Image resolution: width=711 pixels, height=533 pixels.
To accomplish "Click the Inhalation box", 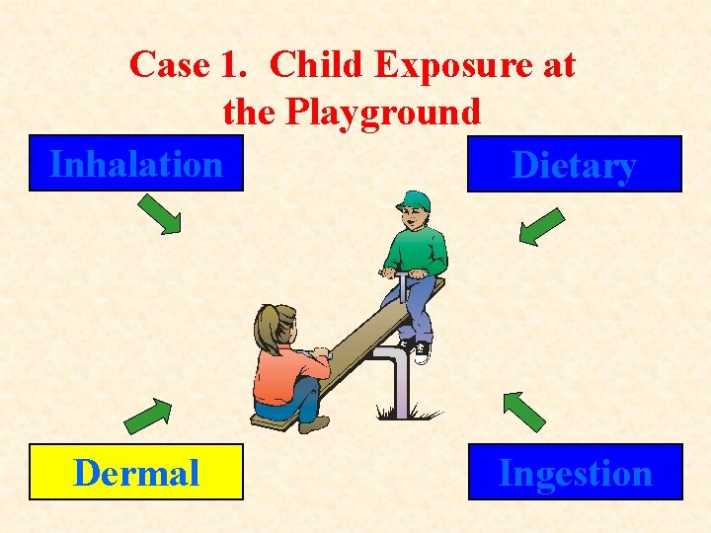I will click(x=135, y=164).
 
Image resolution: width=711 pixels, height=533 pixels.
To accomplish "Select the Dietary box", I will click(x=574, y=164).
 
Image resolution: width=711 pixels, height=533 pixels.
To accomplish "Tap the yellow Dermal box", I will click(x=136, y=473).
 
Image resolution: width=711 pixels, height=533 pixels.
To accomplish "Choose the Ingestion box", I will click(x=574, y=473).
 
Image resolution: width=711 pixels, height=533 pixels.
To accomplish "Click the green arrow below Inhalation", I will click(x=158, y=214).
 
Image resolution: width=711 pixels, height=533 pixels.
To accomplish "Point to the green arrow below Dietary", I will click(x=541, y=225).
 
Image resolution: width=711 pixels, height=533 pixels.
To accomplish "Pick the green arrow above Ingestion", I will click(x=523, y=412).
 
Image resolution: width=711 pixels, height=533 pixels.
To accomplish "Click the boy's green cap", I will click(x=416, y=200).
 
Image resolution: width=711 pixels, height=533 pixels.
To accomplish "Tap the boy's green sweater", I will click(x=417, y=251).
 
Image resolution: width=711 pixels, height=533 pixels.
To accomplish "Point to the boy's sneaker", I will click(x=422, y=352).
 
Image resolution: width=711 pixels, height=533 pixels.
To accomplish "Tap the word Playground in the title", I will click(x=383, y=112).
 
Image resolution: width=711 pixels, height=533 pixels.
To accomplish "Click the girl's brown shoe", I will click(x=314, y=424).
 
